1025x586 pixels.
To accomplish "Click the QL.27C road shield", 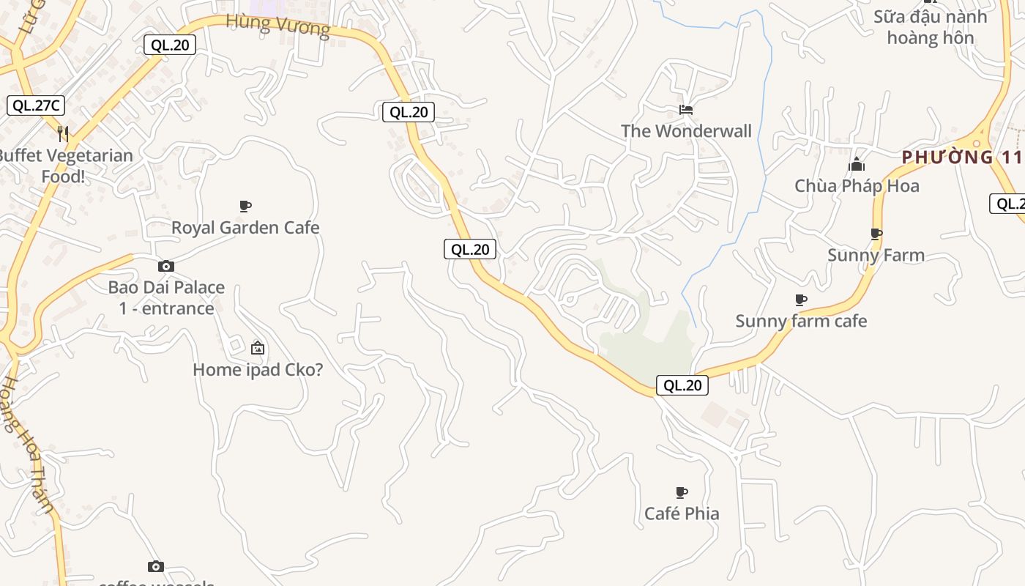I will [36, 105].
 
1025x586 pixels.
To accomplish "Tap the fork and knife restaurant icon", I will [63, 133].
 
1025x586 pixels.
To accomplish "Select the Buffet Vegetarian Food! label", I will [64, 166].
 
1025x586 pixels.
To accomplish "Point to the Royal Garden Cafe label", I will [245, 227].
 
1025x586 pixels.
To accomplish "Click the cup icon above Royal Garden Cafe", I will [245, 206].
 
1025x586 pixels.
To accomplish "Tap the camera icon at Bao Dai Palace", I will [166, 266].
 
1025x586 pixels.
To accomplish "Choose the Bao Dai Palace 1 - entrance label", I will [166, 297].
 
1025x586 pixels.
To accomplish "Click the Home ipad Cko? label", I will [258, 369].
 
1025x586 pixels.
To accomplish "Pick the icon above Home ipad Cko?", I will [257, 348].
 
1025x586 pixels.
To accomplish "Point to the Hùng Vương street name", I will [278, 25].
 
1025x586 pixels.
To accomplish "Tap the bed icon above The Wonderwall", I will [686, 110].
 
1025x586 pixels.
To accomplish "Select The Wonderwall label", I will [686, 131].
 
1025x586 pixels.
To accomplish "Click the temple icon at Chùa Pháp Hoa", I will [857, 165].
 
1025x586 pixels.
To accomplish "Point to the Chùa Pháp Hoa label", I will [857, 186].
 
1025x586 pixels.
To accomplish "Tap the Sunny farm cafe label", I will [801, 321].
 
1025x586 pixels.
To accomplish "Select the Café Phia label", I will [682, 513].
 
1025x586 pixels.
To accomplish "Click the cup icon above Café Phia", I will [682, 492].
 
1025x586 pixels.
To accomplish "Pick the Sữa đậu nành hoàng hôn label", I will [930, 27].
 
